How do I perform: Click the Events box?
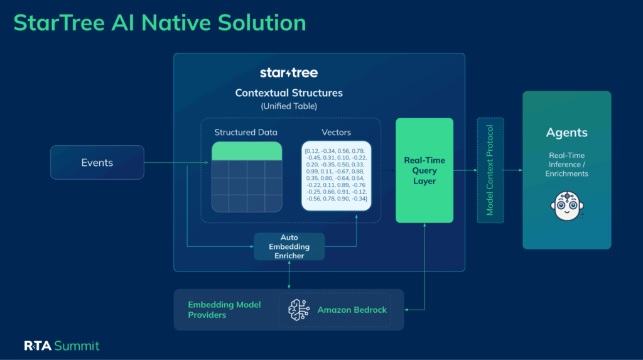(x=97, y=163)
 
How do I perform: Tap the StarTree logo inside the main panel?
(x=289, y=73)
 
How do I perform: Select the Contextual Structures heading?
(x=289, y=93)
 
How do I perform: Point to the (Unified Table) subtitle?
(x=289, y=106)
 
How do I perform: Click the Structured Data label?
(x=246, y=133)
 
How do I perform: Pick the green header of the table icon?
(x=247, y=151)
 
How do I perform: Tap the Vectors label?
(x=336, y=133)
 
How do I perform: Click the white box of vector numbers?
(x=336, y=175)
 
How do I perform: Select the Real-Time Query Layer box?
(x=424, y=170)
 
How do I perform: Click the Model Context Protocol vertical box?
(x=490, y=170)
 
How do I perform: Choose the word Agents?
(x=566, y=133)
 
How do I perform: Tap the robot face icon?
(x=566, y=206)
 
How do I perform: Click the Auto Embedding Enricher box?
(x=289, y=247)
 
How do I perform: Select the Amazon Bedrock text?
(x=352, y=310)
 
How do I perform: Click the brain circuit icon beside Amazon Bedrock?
(x=299, y=310)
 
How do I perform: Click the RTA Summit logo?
(x=62, y=346)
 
